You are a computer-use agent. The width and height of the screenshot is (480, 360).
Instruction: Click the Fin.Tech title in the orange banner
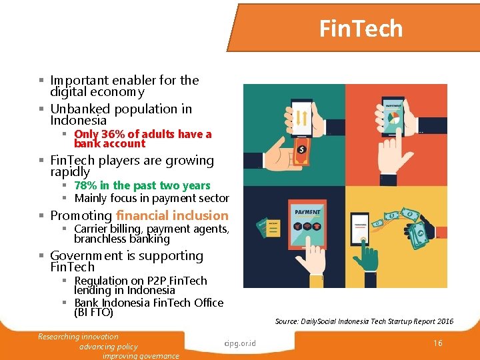(361, 29)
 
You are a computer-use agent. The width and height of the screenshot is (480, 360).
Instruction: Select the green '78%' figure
(87, 186)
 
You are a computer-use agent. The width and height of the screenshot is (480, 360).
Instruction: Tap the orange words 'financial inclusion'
(172, 215)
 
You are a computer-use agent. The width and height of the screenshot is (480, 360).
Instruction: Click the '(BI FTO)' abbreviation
(94, 312)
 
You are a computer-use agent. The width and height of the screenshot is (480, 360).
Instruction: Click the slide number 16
(437, 343)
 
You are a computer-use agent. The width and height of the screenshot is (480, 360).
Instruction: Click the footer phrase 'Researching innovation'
(78, 337)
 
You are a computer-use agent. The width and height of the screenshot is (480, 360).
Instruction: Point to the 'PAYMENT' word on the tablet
(308, 212)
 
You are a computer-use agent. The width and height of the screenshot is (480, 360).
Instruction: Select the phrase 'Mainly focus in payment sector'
(151, 198)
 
